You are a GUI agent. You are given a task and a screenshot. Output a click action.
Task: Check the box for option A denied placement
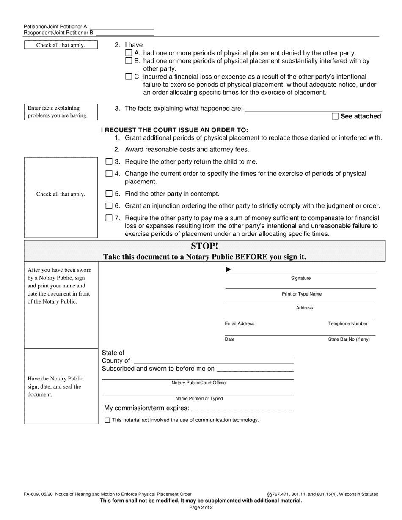tap(129, 53)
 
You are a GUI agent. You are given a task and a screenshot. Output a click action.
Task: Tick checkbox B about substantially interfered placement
tap(129, 61)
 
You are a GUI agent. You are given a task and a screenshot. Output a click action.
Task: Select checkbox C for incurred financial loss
tap(129, 77)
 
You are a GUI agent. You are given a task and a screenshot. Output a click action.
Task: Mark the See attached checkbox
tap(335, 116)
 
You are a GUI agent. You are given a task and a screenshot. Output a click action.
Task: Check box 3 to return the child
tap(109, 161)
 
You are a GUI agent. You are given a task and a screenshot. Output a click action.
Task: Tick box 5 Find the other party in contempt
tap(109, 194)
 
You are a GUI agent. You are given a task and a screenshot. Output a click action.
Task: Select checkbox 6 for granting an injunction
tap(109, 206)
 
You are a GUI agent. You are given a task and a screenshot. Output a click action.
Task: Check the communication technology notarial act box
tap(107, 420)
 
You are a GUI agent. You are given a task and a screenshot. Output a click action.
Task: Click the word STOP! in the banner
tap(204, 246)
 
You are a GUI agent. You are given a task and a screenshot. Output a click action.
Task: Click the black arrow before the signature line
tap(229, 270)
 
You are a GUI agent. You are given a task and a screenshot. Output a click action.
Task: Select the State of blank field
tap(210, 353)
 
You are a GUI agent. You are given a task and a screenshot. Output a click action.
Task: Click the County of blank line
tap(213, 361)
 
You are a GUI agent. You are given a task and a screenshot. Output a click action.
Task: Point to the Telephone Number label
tap(348, 323)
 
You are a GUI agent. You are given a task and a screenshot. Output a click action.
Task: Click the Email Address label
tap(240, 323)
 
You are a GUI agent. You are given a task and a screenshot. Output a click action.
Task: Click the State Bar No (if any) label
tap(349, 339)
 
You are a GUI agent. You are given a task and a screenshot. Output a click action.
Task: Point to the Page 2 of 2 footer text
tap(201, 507)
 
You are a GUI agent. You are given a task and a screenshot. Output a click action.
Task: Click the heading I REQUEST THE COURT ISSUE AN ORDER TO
tap(174, 130)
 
